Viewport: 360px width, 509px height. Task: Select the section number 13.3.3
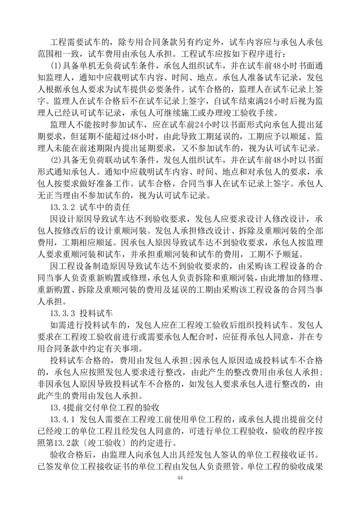[x=62, y=313]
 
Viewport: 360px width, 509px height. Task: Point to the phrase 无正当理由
[x=49, y=196]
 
